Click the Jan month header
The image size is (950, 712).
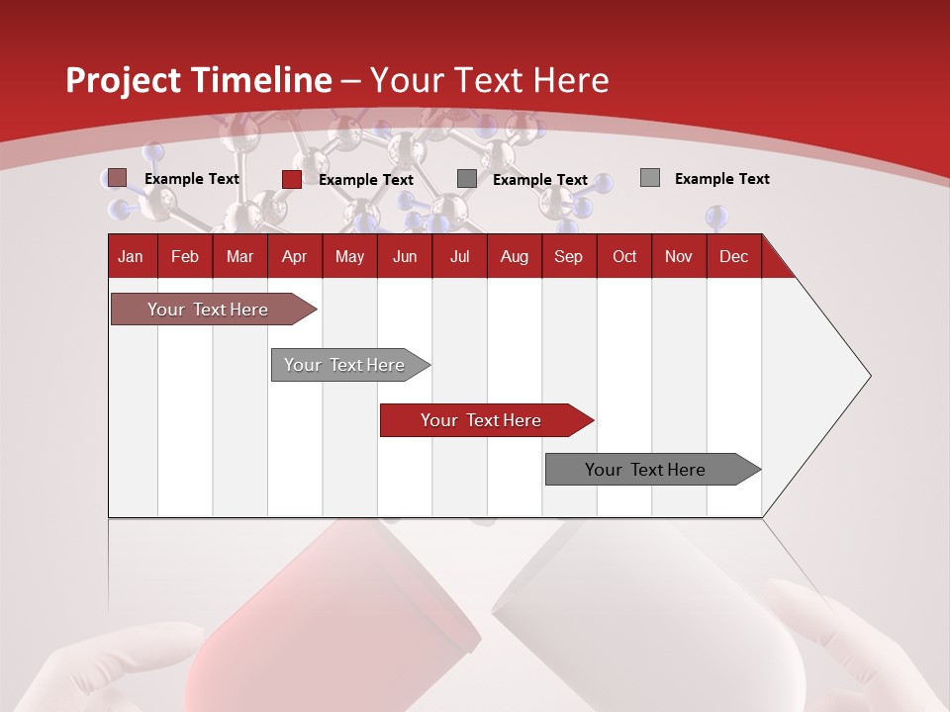[132, 256]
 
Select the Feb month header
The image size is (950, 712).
[185, 256]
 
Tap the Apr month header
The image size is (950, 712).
[295, 256]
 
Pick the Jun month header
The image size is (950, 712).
[405, 256]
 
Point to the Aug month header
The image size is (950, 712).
[515, 256]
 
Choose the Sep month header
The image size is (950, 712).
[569, 256]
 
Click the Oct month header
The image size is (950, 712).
[624, 256]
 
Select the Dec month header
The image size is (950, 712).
[734, 256]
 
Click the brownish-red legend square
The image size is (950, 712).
[118, 178]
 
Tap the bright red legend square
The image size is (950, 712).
[292, 179]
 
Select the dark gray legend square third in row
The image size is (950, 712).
[467, 179]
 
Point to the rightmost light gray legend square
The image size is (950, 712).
[650, 178]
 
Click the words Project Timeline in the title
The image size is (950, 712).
[199, 80]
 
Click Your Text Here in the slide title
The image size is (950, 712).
[489, 80]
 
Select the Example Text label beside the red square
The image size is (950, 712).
[366, 179]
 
